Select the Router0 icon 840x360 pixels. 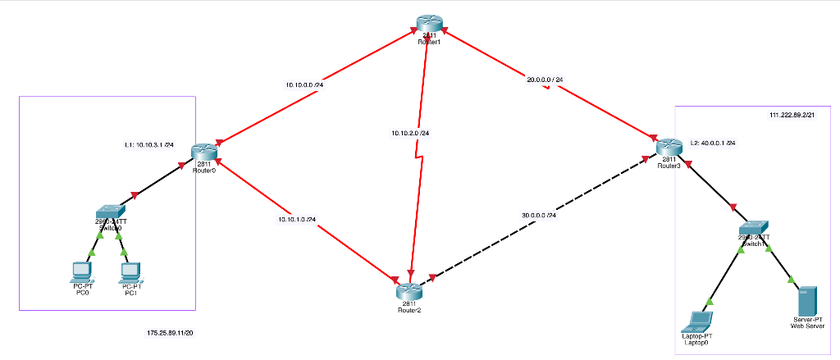(203, 152)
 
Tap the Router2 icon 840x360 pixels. (408, 291)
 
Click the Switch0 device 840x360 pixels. (110, 212)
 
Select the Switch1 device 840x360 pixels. (752, 227)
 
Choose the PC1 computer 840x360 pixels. (130, 271)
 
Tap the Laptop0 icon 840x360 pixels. (700, 320)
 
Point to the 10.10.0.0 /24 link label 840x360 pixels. (304, 84)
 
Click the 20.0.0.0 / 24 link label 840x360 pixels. (545, 80)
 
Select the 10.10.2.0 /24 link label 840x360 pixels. (410, 132)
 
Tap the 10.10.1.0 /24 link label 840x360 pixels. (297, 219)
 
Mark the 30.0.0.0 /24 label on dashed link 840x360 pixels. (539, 215)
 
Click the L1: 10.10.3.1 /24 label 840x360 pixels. (149, 145)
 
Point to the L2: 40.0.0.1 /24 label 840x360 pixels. (712, 143)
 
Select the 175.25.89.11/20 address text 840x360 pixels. (170, 333)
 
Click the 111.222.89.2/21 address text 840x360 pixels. (792, 116)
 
